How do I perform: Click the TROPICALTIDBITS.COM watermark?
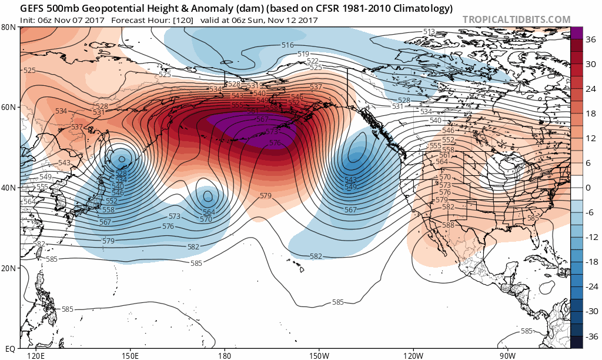click(x=516, y=20)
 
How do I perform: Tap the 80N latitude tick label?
click(x=8, y=27)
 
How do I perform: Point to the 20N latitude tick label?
click(x=8, y=268)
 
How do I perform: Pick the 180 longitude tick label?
click(x=224, y=355)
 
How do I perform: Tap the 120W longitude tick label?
click(x=413, y=355)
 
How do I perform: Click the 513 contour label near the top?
click(x=429, y=32)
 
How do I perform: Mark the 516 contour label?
click(x=287, y=45)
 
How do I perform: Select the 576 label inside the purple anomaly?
click(x=275, y=143)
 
